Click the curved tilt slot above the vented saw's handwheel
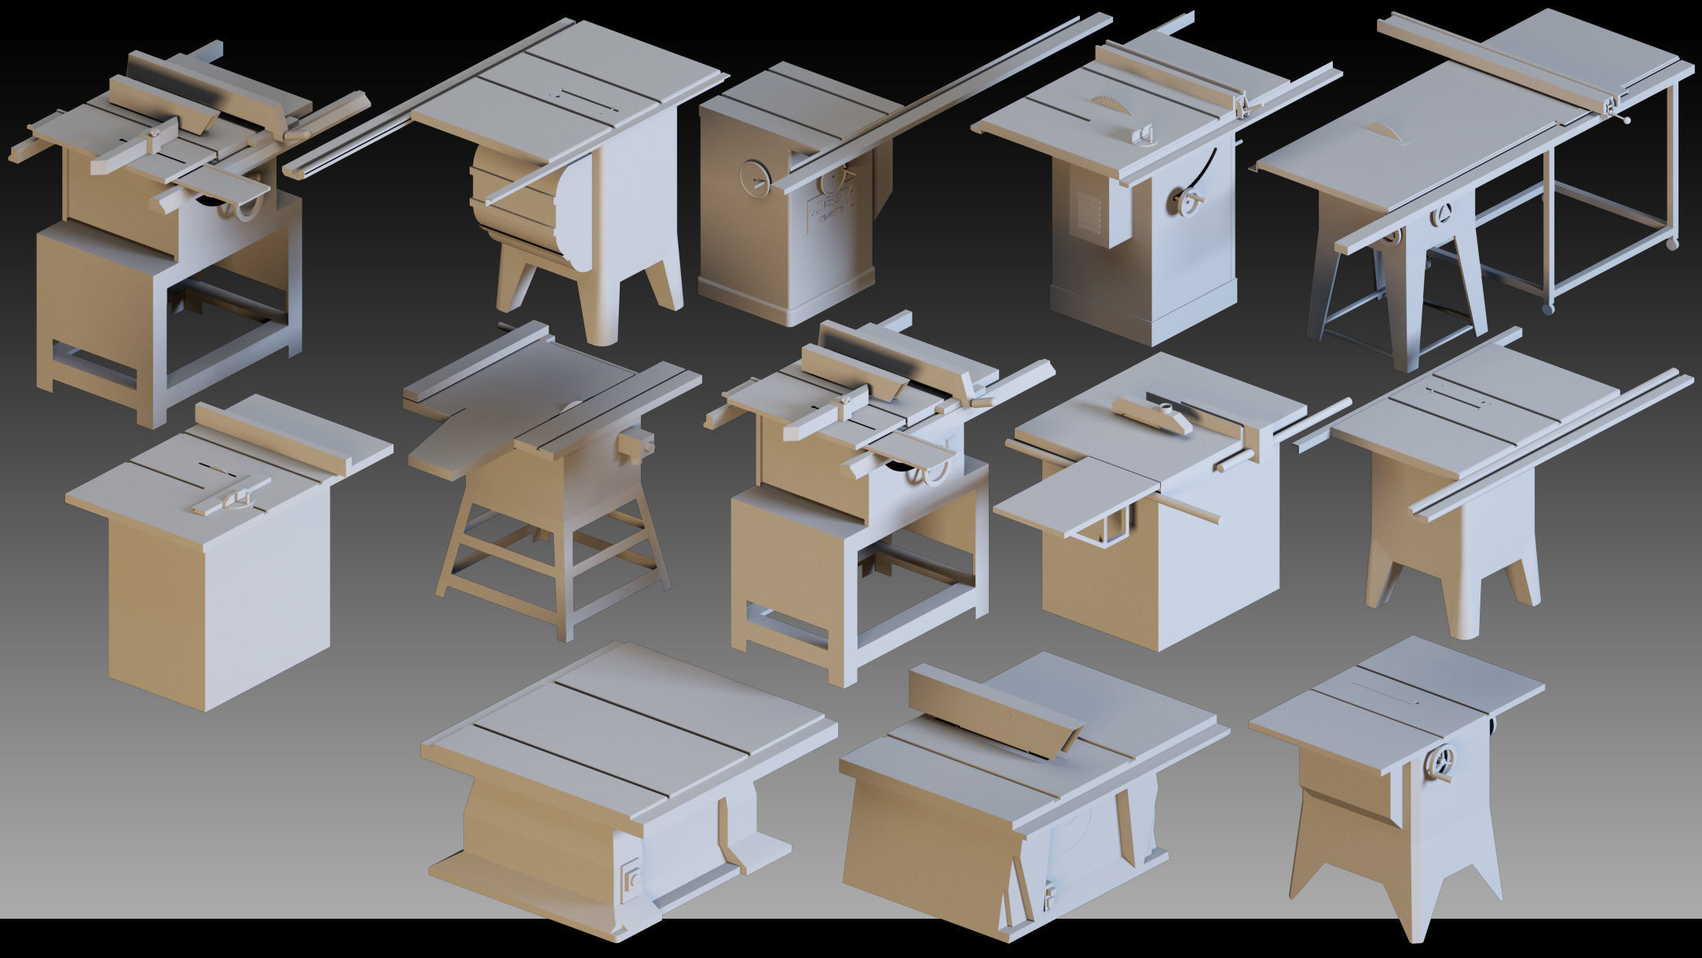click(1202, 169)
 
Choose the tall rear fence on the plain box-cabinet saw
click(271, 438)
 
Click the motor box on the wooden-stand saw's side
click(635, 445)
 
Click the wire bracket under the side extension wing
click(1104, 523)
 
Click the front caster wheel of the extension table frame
click(1547, 309)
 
